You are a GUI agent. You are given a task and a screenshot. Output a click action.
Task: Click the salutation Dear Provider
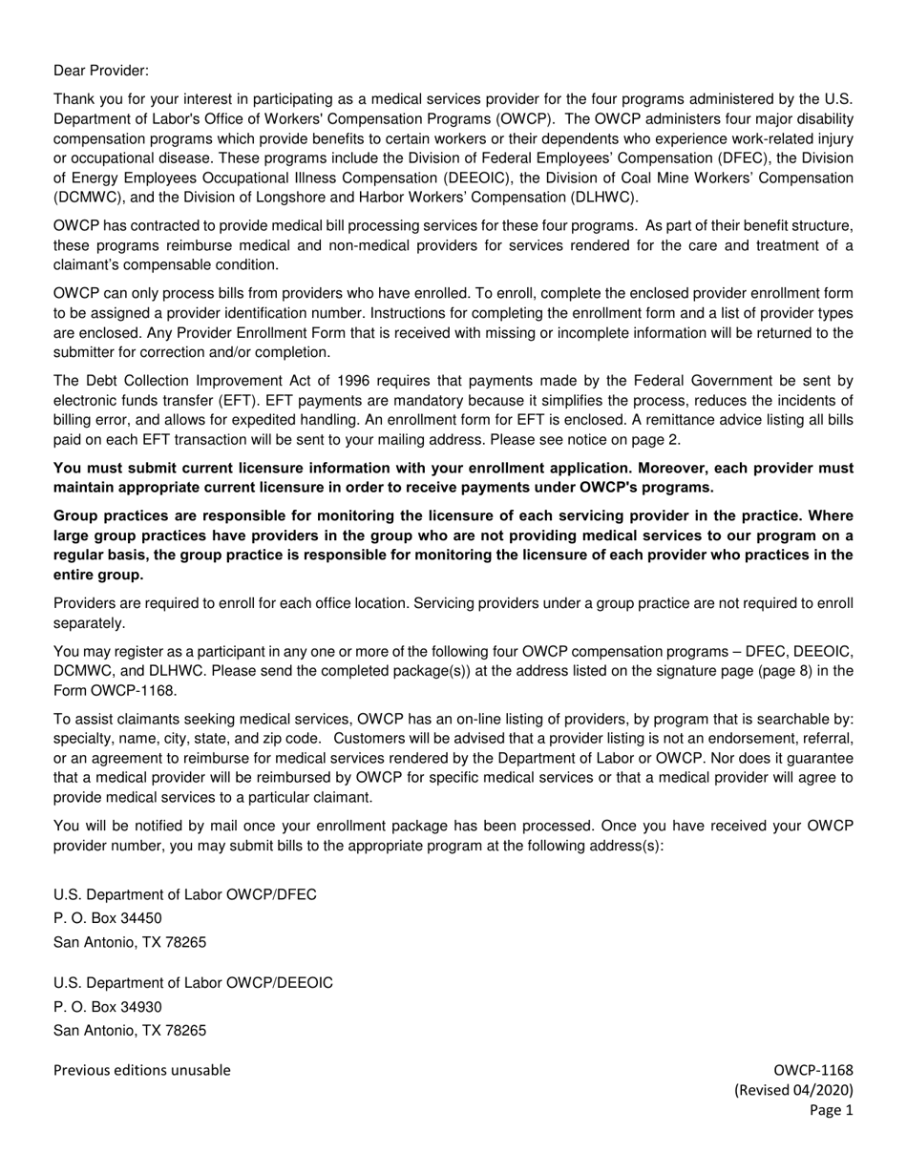101,71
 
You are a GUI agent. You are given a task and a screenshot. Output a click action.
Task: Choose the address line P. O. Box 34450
108,918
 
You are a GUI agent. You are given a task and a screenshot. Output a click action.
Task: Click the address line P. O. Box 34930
108,1007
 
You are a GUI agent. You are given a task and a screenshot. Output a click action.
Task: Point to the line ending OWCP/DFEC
185,894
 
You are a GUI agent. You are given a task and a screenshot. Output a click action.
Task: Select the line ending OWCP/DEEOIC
193,983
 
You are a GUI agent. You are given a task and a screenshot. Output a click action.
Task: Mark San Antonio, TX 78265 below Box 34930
130,1031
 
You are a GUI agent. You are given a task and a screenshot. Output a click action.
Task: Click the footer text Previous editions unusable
141,1070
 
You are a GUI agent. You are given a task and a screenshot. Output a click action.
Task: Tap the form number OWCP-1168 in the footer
813,1070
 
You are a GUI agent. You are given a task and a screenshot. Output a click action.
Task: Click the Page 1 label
831,1110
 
